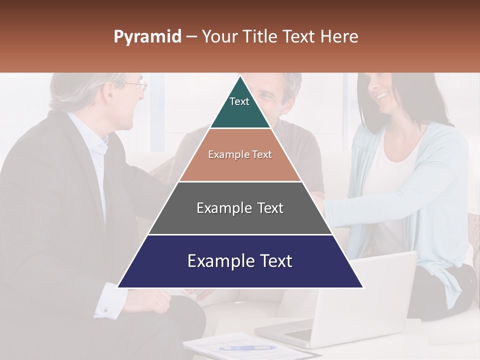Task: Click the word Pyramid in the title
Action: click(147, 37)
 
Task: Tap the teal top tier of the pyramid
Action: click(240, 107)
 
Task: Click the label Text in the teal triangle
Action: click(239, 101)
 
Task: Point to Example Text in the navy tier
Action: click(240, 261)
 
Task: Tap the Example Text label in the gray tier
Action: click(240, 208)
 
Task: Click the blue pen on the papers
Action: click(247, 347)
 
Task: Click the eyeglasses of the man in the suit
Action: click(137, 86)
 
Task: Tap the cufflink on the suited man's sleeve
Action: click(105, 310)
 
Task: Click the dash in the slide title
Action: click(191, 37)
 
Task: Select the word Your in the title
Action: click(220, 37)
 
